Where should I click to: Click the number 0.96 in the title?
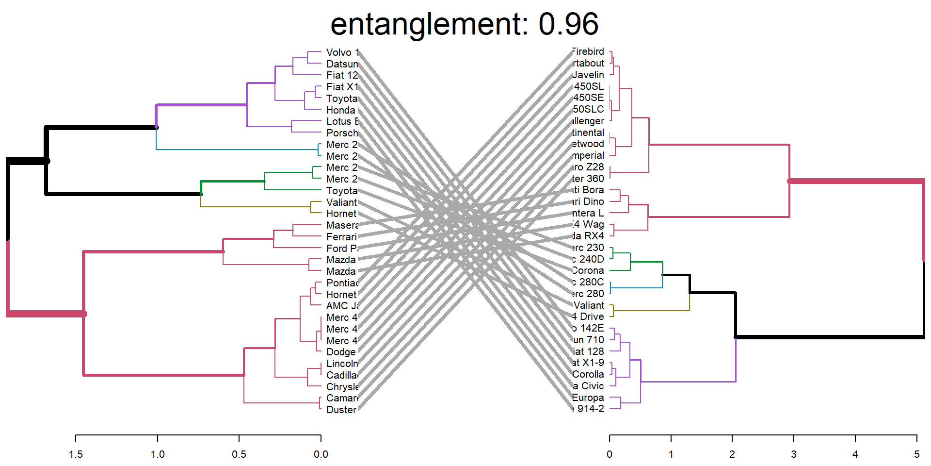568,24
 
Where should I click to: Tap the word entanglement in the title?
429,24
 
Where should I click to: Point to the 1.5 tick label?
76,454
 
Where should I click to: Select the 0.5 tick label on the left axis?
239,454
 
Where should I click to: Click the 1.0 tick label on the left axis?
158,454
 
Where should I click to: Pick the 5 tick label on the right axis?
916,454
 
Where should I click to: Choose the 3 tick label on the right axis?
793,454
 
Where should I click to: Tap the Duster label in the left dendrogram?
341,410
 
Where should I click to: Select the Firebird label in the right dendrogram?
588,51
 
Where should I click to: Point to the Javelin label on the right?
588,75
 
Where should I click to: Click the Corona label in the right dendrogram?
588,270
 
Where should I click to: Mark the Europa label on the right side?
588,398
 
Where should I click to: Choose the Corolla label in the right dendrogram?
588,374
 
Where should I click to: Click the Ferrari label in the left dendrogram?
341,237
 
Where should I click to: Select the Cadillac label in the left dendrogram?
341,375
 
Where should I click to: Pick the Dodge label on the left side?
341,352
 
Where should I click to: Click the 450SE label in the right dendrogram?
589,98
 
